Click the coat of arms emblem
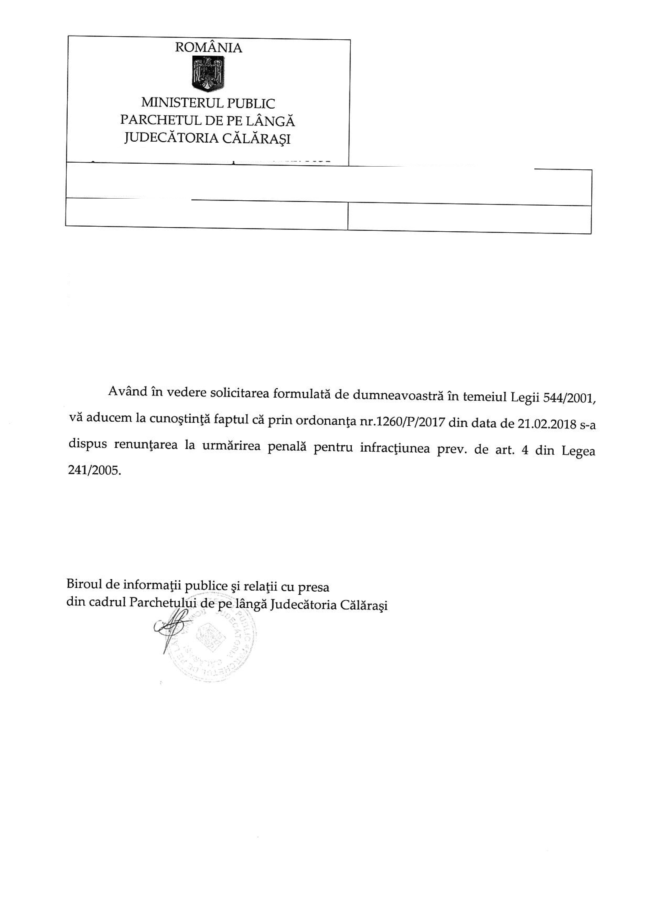(208, 74)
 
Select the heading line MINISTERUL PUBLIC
(208, 103)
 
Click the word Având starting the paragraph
(127, 392)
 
